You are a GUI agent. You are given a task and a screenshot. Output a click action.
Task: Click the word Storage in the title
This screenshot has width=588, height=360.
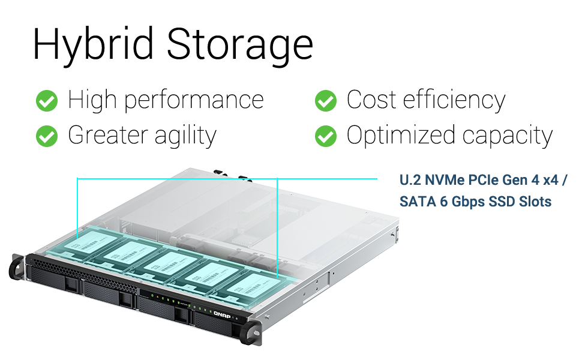239,43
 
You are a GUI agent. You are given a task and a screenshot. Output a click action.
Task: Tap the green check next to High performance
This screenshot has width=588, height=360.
46,101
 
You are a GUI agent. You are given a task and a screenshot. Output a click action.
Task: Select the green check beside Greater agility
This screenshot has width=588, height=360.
46,136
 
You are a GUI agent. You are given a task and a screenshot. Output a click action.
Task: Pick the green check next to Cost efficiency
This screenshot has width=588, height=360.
325,101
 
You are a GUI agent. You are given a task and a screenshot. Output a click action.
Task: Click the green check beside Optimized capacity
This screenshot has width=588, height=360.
325,136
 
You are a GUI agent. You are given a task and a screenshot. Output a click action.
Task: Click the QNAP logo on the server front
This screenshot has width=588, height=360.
223,313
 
